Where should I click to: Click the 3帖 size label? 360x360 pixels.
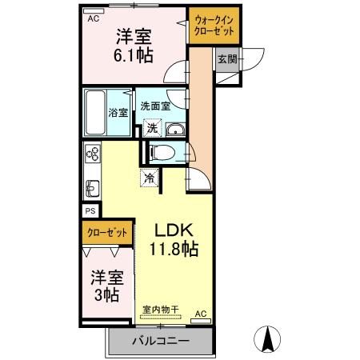[x=106, y=295]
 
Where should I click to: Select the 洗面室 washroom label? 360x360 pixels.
[x=155, y=106]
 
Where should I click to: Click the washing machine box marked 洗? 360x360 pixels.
[x=151, y=127]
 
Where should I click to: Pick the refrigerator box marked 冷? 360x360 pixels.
[x=150, y=178]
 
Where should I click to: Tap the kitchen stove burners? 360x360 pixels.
[x=92, y=154]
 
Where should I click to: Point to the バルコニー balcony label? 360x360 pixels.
[x=161, y=342]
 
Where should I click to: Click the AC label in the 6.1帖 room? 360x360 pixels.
[x=94, y=18]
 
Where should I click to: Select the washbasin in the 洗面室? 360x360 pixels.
[x=176, y=131]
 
